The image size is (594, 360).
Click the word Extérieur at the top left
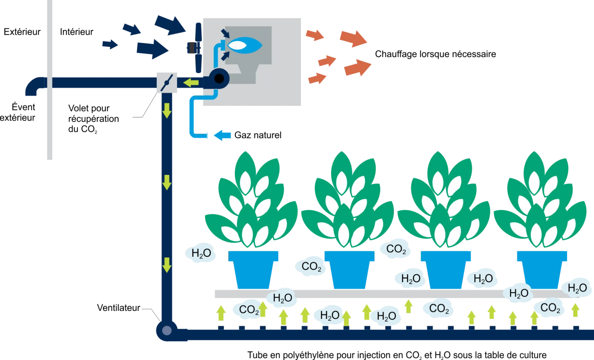click(22, 32)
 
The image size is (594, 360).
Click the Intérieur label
click(77, 32)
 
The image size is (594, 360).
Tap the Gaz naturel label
click(258, 135)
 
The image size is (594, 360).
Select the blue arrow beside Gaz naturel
click(222, 135)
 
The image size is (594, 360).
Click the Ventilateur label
click(119, 308)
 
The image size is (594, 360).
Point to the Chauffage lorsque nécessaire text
click(435, 54)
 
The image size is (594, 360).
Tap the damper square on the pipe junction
click(167, 83)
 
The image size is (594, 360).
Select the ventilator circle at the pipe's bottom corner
click(167, 330)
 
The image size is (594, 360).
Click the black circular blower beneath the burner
click(219, 79)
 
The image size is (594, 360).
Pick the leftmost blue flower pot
click(253, 270)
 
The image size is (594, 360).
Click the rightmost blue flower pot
click(542, 270)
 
